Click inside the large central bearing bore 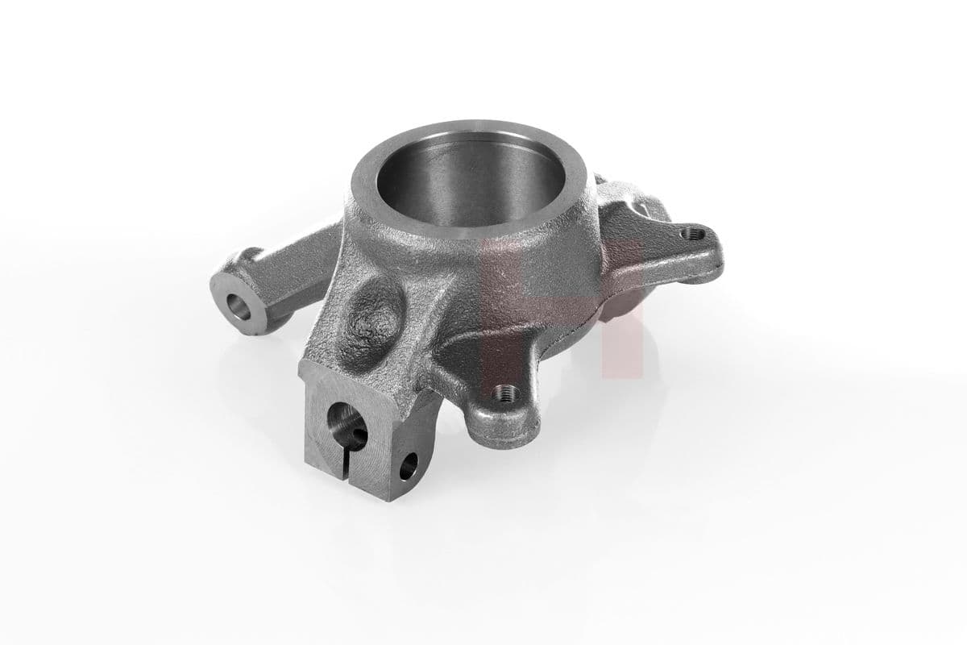point(475,189)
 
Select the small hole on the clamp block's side point(410,461)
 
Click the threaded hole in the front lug point(505,393)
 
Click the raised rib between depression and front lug point(435,331)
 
